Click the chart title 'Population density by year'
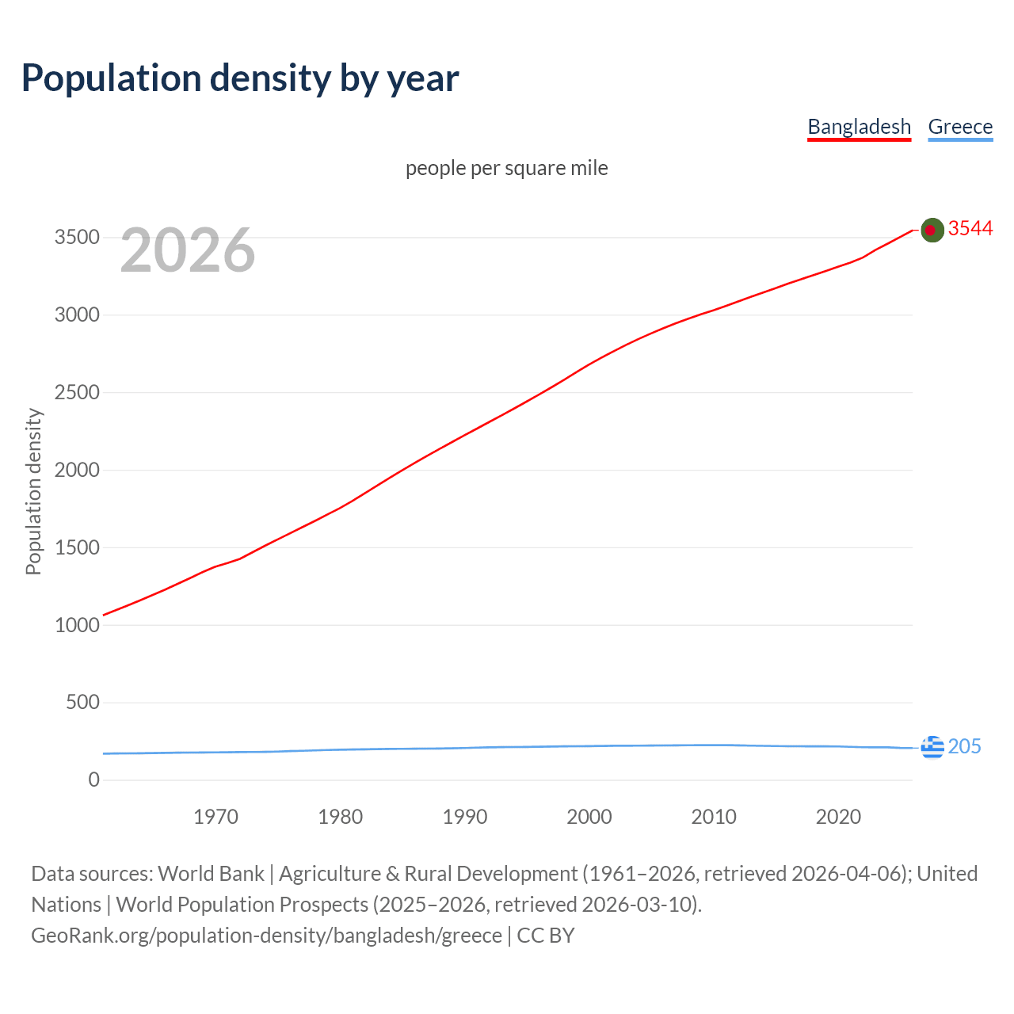click(240, 78)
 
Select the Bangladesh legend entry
click(859, 127)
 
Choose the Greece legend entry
click(960, 127)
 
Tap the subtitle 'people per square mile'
click(507, 168)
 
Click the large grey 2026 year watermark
click(188, 250)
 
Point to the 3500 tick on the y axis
click(77, 238)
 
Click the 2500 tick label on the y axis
click(77, 393)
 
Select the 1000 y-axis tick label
click(77, 625)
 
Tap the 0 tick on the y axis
click(94, 780)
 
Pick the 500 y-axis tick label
click(82, 703)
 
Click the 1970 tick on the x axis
click(215, 817)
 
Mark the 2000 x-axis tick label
click(589, 817)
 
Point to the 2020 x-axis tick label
click(838, 817)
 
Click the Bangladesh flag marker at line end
click(932, 230)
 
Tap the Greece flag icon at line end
click(932, 747)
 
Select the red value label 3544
click(970, 229)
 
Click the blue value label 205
click(964, 747)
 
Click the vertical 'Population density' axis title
click(33, 491)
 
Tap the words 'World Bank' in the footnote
click(211, 874)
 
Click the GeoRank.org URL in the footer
click(266, 936)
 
